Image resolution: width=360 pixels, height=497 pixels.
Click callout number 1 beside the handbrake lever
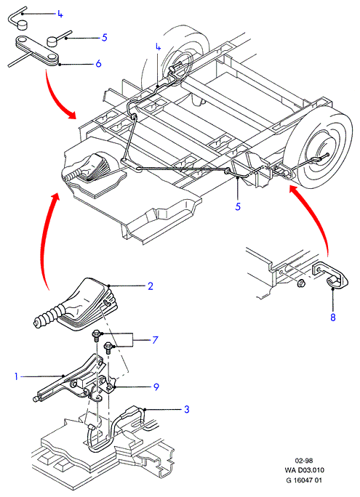pyautogui.click(x=16, y=376)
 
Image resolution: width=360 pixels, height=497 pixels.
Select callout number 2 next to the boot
pyautogui.click(x=151, y=286)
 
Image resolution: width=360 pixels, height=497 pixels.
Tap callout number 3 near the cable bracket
pyautogui.click(x=186, y=409)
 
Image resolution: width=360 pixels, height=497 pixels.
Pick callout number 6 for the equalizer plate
pyautogui.click(x=98, y=64)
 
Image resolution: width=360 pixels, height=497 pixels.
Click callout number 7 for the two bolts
pyautogui.click(x=155, y=340)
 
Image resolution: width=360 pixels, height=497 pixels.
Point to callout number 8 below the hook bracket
pyautogui.click(x=332, y=317)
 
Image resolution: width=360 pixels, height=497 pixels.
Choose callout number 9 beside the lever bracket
pyautogui.click(x=156, y=387)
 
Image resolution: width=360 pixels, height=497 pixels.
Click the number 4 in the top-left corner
pyautogui.click(x=60, y=14)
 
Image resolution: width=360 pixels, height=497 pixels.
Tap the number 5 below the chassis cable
pyautogui.click(x=238, y=206)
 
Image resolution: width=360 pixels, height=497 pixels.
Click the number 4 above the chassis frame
pyautogui.click(x=158, y=47)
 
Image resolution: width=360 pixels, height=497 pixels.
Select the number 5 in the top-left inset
pyautogui.click(x=104, y=37)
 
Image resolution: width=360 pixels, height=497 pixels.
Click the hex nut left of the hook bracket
pyautogui.click(x=300, y=283)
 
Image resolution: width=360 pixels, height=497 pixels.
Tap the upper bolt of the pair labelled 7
pyautogui.click(x=96, y=335)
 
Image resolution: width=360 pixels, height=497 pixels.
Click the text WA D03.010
pyautogui.click(x=305, y=470)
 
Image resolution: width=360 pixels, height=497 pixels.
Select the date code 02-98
pyautogui.click(x=304, y=461)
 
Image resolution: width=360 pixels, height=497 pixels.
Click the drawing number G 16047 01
pyautogui.click(x=304, y=480)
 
